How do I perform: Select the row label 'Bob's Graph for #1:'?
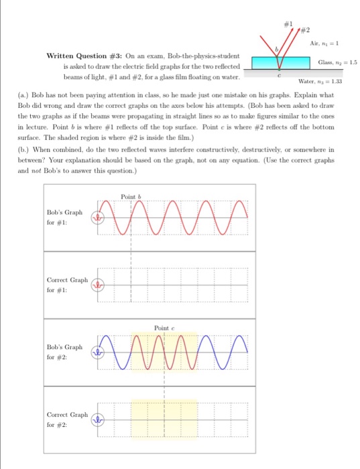pos(65,216)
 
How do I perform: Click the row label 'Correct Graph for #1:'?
pos(66,284)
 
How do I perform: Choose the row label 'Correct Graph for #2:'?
pos(66,420)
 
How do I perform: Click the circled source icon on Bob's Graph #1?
pos(100,217)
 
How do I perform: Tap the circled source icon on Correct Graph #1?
pos(100,284)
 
